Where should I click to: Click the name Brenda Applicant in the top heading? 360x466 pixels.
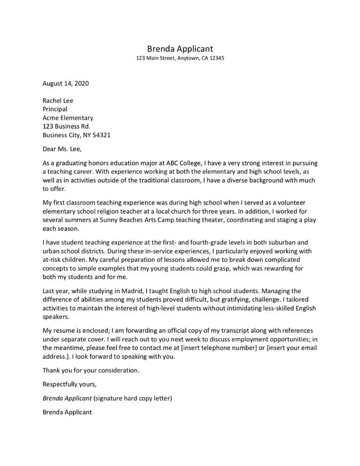[180, 48]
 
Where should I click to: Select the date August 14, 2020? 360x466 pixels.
[66, 83]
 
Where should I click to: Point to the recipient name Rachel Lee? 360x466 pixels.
[58, 100]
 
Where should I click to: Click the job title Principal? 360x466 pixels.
[55, 109]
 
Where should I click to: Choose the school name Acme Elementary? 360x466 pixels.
[67, 118]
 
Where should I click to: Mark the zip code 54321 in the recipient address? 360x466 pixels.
[100, 135]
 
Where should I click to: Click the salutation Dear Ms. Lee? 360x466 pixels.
[62, 149]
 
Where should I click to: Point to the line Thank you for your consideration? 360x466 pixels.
[91, 371]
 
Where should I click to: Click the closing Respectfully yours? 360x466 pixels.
[69, 384]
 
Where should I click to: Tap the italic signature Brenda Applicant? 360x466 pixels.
[67, 398]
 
